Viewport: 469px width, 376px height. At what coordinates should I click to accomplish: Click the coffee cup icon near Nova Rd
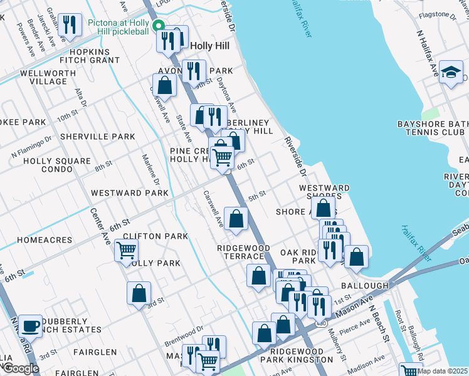pos(30,326)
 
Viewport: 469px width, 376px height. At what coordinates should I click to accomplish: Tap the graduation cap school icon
pos(451,72)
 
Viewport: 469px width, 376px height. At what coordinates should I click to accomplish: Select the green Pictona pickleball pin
pos(159,26)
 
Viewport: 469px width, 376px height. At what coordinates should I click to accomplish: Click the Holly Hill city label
pos(209,46)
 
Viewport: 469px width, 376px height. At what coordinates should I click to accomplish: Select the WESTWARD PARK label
pos(130,193)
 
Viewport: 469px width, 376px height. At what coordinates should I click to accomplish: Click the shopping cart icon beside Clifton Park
pos(126,251)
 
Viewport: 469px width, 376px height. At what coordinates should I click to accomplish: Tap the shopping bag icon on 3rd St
pos(139,293)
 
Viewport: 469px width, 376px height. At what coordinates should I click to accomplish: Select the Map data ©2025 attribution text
pos(443,371)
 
